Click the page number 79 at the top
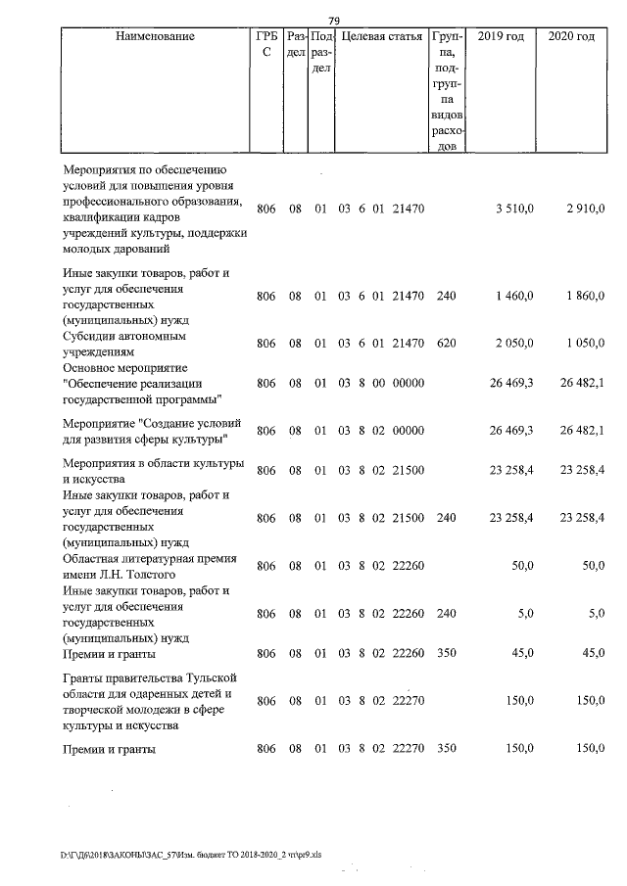click(x=333, y=21)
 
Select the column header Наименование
click(x=155, y=37)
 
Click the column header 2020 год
click(x=571, y=37)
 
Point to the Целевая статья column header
click(x=380, y=37)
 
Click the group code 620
click(x=446, y=343)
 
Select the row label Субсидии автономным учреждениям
click(x=123, y=343)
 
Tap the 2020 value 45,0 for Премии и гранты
click(x=592, y=653)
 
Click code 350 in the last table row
click(x=446, y=750)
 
